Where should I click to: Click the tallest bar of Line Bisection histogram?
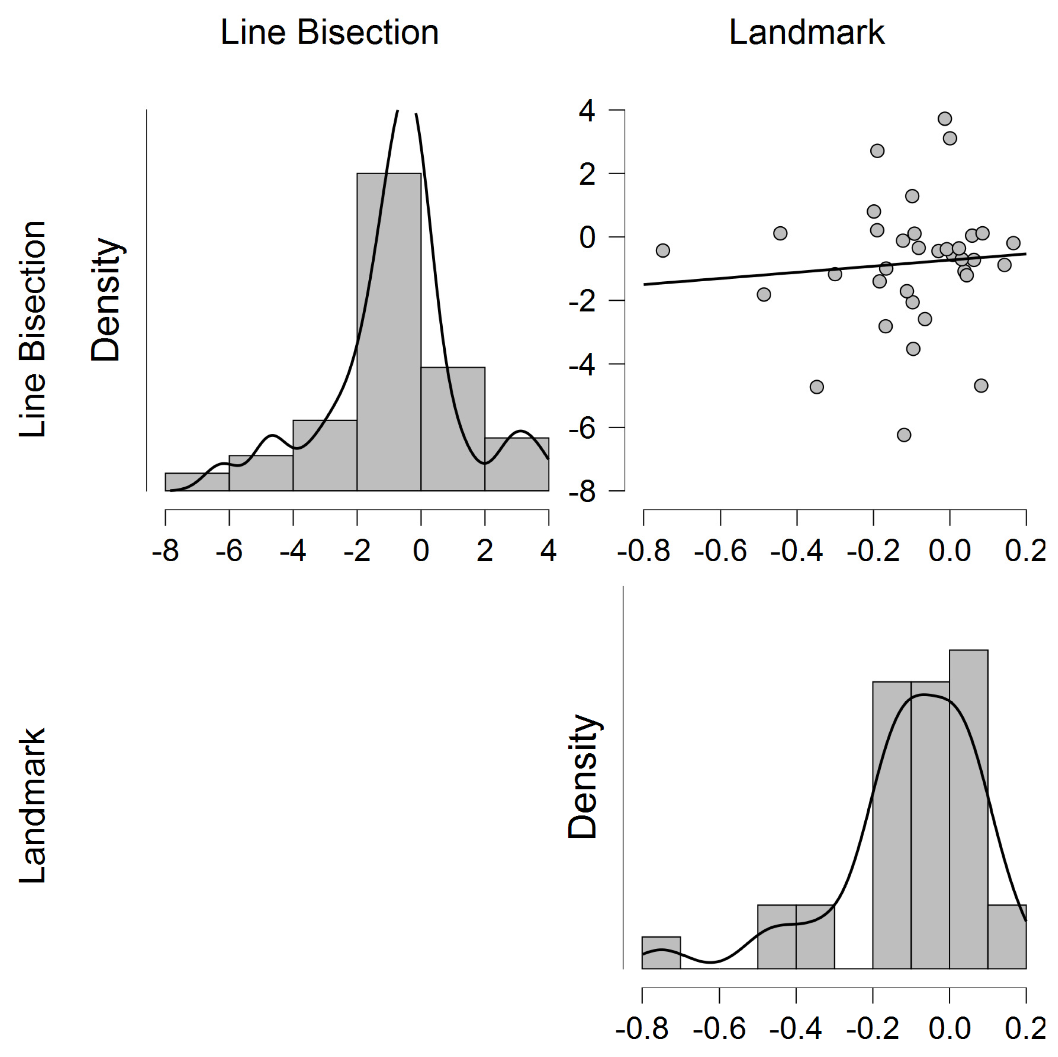pyautogui.click(x=389, y=331)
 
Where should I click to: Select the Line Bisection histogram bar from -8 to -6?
pyautogui.click(x=197, y=482)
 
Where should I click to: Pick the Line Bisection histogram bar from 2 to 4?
pyautogui.click(x=516, y=464)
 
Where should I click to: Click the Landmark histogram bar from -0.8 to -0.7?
pyautogui.click(x=661, y=953)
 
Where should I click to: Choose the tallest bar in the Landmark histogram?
pyautogui.click(x=968, y=810)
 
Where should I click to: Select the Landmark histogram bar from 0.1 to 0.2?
pyautogui.click(x=1006, y=938)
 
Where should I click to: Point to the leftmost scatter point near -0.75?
pyautogui.click(x=663, y=250)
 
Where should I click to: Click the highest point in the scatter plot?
pyautogui.click(x=945, y=119)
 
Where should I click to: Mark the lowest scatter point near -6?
pyautogui.click(x=904, y=435)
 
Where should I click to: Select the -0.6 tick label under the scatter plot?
pyautogui.click(x=720, y=550)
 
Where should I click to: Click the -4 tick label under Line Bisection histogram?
pyautogui.click(x=293, y=550)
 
